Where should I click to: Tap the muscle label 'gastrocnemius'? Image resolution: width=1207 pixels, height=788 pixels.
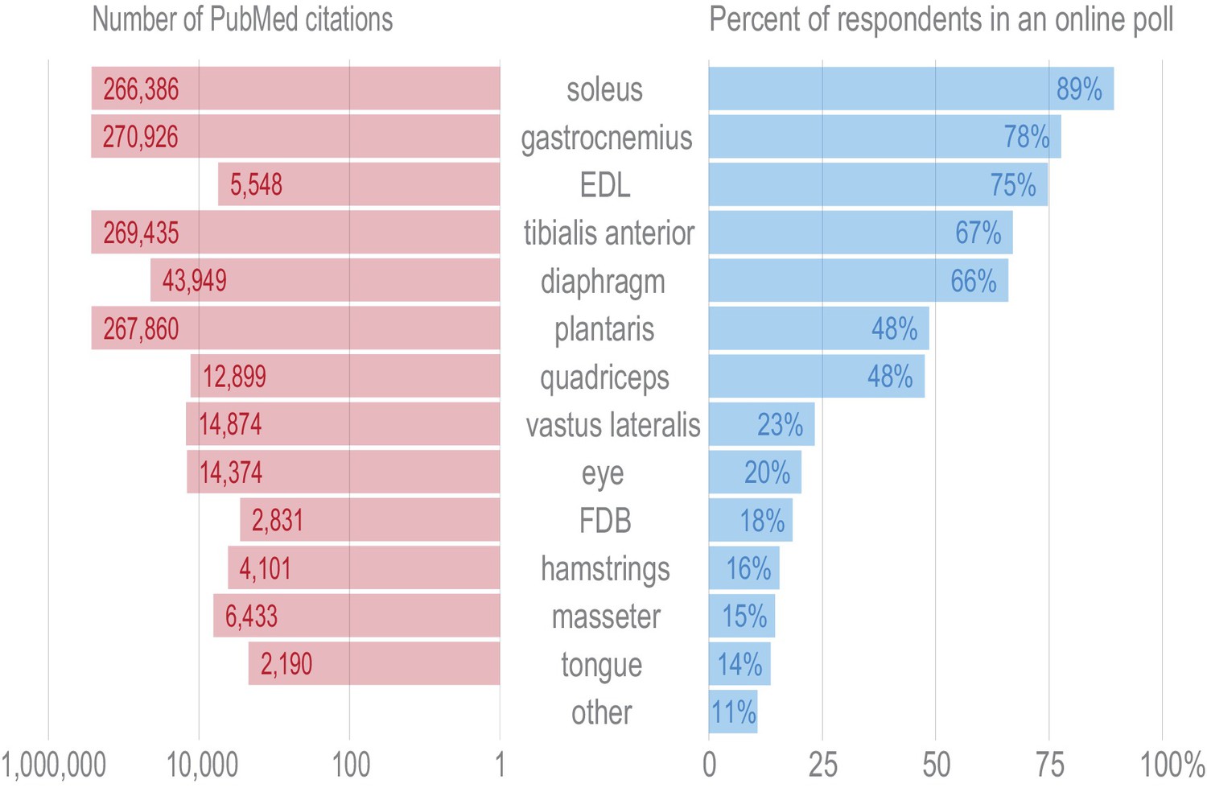tap(606, 138)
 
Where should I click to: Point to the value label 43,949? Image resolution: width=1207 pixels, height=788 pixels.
tap(194, 281)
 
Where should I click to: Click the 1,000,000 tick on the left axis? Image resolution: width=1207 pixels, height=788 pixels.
tap(53, 765)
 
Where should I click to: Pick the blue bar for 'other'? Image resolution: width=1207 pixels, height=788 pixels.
tap(733, 712)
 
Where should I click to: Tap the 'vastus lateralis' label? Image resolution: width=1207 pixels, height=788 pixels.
tap(612, 425)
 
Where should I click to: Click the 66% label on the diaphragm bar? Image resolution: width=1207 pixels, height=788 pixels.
tap(973, 281)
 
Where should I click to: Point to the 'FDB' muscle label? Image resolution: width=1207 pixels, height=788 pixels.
tap(605, 521)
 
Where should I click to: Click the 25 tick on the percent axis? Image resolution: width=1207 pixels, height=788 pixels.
tap(822, 765)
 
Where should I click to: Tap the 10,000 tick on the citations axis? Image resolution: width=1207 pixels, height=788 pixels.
tap(202, 765)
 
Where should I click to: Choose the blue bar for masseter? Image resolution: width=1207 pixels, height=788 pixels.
tap(742, 616)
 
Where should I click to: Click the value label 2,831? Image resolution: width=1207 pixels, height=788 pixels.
tap(277, 521)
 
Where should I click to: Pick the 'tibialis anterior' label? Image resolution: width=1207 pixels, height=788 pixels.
tap(608, 233)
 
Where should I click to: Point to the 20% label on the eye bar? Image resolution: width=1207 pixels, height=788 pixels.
tap(767, 472)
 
